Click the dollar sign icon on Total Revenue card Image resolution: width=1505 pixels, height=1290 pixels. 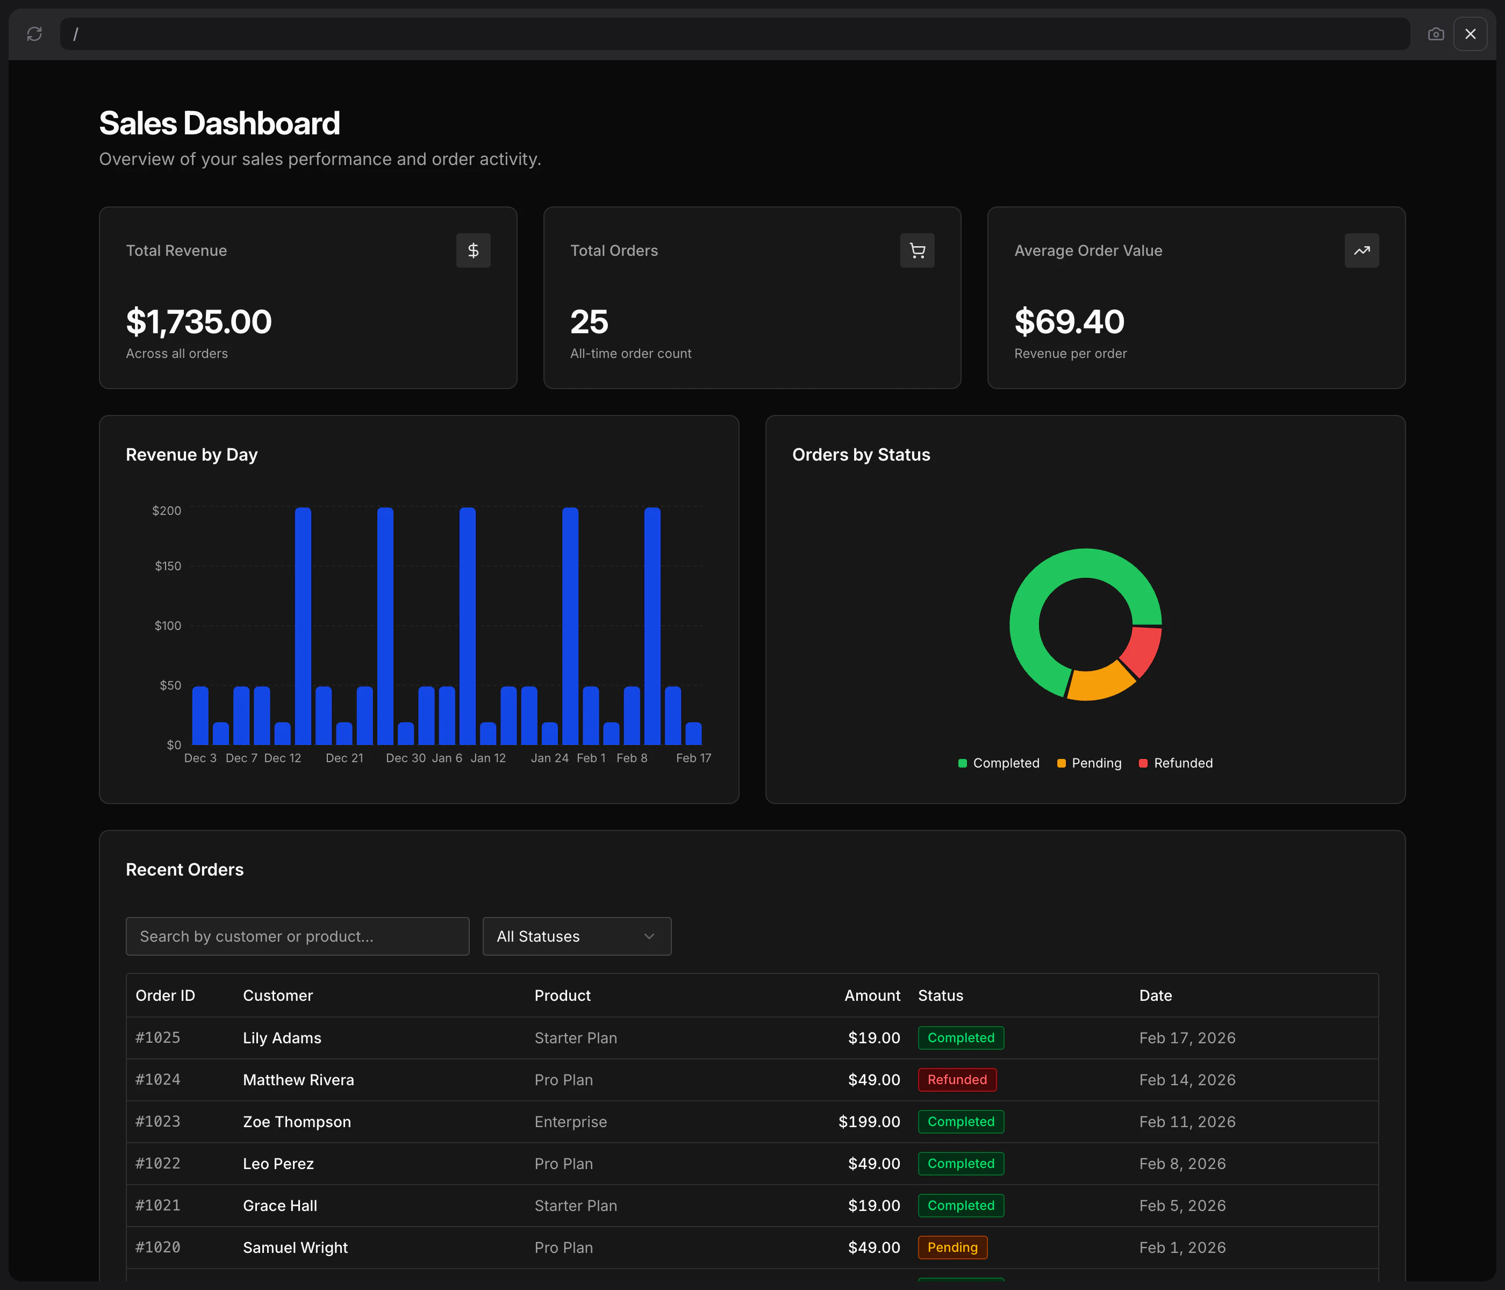[473, 250]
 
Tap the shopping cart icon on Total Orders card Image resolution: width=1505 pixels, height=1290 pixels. [918, 250]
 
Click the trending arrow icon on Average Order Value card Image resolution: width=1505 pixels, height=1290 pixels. [1361, 250]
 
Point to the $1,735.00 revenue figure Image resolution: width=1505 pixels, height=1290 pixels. [199, 322]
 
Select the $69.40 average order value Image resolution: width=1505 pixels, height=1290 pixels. [1069, 322]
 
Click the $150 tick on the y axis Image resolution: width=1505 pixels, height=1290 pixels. [168, 566]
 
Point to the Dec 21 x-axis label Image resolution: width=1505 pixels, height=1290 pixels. [345, 757]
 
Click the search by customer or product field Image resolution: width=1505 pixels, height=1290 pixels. [297, 936]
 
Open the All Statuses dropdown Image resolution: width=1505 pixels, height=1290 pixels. [577, 936]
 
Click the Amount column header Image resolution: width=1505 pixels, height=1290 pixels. [872, 995]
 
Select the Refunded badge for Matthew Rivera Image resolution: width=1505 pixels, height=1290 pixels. [957, 1079]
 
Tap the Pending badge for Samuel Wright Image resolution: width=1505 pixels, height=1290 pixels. [952, 1247]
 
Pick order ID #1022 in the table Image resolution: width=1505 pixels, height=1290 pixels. [157, 1164]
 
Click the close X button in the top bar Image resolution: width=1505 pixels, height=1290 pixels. [1470, 34]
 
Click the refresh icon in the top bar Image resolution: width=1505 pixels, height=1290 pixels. [34, 34]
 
